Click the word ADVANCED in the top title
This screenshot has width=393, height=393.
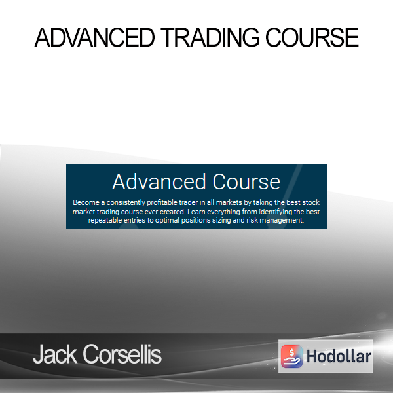94,37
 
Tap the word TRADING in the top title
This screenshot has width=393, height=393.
210,37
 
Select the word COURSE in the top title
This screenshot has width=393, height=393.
312,37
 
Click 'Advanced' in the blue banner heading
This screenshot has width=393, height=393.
159,181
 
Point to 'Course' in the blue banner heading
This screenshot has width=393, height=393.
246,181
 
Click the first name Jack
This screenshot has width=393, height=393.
55,354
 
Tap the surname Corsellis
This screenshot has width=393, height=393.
122,354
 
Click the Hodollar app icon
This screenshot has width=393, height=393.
291,356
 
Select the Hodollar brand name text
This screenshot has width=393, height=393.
339,356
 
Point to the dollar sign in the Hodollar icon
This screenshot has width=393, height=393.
291,352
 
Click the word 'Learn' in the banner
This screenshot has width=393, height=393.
196,212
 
